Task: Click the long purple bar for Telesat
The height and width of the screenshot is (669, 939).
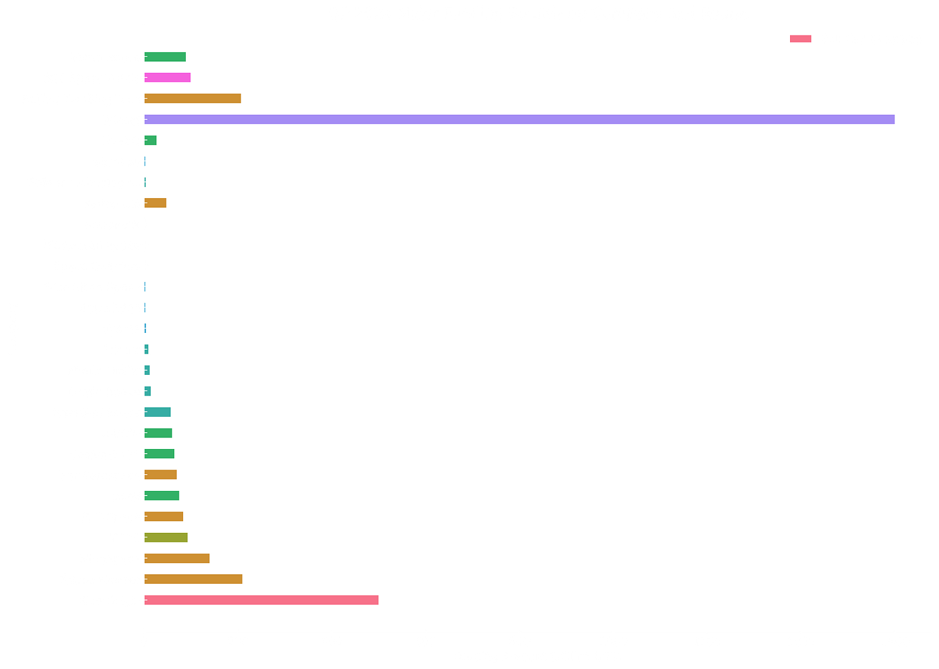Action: tap(520, 119)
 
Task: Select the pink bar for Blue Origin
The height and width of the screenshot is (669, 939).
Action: tap(262, 601)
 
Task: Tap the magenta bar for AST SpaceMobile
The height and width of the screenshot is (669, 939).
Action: tap(168, 78)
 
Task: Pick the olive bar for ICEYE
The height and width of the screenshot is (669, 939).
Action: tap(166, 537)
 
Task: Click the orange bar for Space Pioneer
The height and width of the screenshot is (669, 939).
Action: tap(194, 579)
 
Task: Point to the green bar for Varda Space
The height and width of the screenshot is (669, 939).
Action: tap(166, 57)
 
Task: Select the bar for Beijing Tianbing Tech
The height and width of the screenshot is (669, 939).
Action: tap(193, 99)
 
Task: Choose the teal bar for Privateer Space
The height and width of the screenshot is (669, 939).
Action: tap(158, 412)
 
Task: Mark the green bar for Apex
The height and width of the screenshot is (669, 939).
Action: tap(163, 495)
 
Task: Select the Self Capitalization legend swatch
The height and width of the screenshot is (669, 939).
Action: tap(800, 39)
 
